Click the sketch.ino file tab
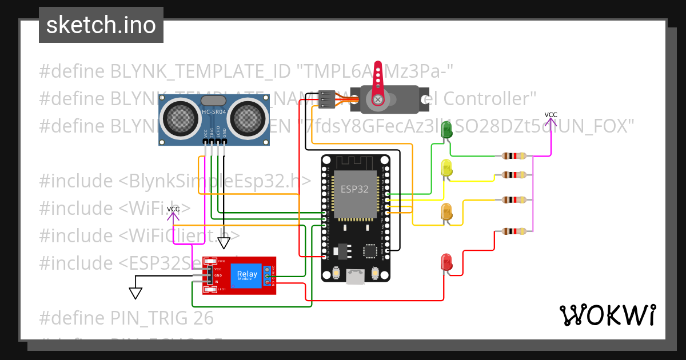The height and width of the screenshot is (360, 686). (x=101, y=25)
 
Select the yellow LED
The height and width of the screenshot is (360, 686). (x=446, y=168)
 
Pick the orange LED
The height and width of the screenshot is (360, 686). (x=446, y=211)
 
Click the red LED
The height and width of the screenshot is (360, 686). (x=446, y=262)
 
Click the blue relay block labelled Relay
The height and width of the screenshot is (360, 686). (x=246, y=275)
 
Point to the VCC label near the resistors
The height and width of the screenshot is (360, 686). (x=551, y=115)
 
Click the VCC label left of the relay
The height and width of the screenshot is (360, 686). (x=173, y=209)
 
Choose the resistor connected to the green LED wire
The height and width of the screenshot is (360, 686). (x=513, y=155)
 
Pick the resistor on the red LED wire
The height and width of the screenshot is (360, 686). (x=513, y=231)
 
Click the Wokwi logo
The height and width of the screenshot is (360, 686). (x=607, y=315)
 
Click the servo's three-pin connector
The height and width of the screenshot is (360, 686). (x=326, y=99)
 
